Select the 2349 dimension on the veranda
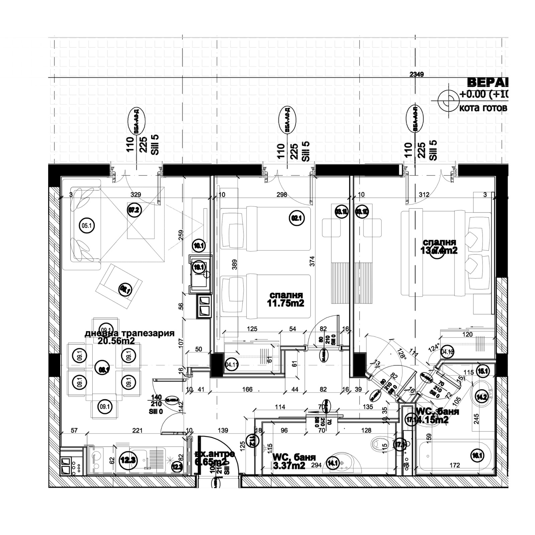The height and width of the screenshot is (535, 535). tap(416, 74)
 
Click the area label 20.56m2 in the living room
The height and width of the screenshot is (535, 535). tap(116, 341)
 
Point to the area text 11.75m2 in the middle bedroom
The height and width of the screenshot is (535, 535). tap(286, 303)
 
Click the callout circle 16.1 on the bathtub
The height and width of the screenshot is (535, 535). tap(477, 455)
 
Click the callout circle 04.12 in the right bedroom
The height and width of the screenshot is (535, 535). tap(447, 352)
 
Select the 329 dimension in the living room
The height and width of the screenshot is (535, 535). tap(136, 195)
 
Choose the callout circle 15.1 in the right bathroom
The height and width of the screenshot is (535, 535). tap(484, 371)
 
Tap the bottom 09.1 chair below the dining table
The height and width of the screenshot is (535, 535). tap(105, 407)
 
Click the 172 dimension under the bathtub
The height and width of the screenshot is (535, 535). tap(455, 465)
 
